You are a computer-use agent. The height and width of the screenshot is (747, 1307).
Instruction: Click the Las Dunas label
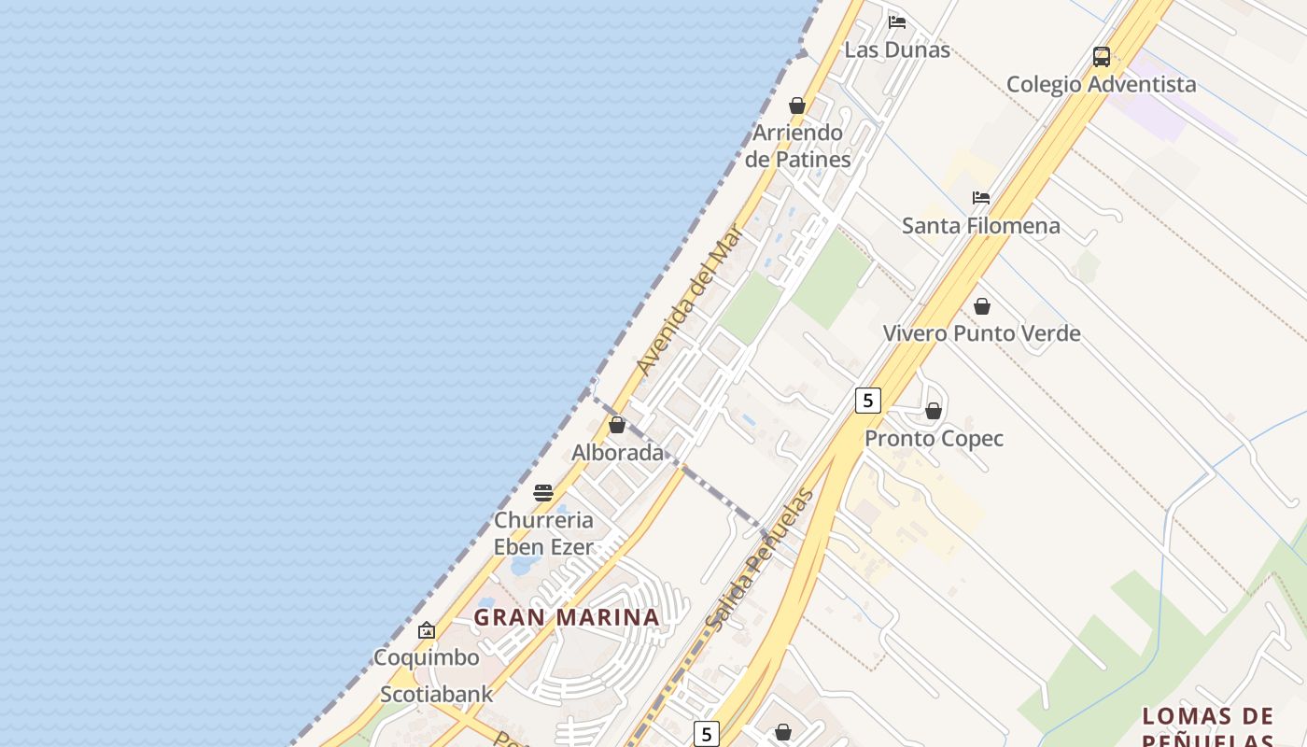coord(897,50)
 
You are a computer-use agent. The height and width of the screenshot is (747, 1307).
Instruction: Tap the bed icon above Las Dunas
coord(897,21)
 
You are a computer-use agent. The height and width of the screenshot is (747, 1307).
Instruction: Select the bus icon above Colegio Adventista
coord(1102,56)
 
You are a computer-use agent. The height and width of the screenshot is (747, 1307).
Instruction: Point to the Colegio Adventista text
coord(1101,84)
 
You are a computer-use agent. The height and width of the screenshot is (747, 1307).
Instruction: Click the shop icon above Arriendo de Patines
coord(797,106)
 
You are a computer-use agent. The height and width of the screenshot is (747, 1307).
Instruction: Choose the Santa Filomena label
coord(980,226)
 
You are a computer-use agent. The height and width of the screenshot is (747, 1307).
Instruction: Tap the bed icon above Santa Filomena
coord(981,198)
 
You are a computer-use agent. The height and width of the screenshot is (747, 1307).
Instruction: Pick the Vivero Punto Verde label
coord(981,333)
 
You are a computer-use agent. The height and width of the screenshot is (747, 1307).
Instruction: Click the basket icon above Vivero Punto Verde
coord(982,306)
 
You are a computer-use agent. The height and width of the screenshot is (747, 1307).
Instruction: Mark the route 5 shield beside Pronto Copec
coord(868,401)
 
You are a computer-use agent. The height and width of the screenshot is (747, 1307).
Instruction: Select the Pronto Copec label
coord(934,439)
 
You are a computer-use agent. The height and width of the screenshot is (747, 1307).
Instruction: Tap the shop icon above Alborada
coord(617,425)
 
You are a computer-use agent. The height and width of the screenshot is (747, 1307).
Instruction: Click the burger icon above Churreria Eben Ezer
coord(543,493)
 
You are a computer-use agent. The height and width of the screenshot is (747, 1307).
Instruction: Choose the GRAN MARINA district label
coord(567,617)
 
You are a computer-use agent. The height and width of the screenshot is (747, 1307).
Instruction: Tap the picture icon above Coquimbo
coord(427,630)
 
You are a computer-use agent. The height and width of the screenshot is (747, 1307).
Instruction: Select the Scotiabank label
coord(436,695)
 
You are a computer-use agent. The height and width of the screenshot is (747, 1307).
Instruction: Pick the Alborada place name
coord(617,453)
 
